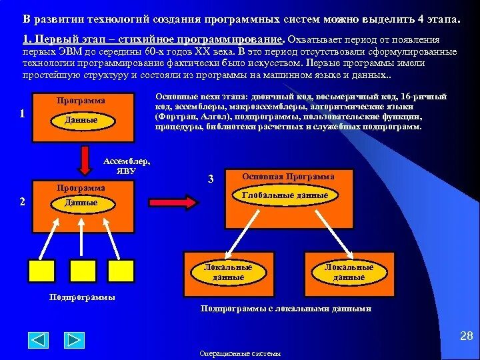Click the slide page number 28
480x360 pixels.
point(466,336)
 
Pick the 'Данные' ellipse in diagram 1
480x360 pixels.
point(81,120)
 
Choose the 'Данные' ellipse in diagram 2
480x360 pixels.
point(81,202)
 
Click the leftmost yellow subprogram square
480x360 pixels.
point(41,271)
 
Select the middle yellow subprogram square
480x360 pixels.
point(84,271)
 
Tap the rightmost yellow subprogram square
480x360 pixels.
point(123,271)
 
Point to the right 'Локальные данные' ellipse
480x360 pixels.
point(349,271)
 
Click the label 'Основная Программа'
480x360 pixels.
point(289,177)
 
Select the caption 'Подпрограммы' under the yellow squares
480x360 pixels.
point(83,297)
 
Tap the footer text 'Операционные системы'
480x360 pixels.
point(240,353)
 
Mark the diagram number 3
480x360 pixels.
point(211,179)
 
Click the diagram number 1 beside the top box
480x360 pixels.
point(22,113)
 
